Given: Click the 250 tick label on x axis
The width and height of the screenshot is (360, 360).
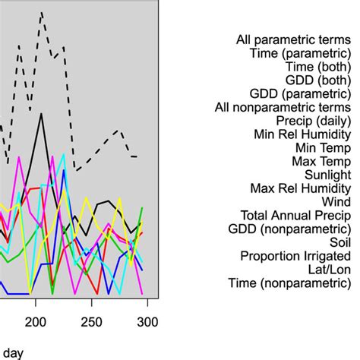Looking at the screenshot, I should [91, 321].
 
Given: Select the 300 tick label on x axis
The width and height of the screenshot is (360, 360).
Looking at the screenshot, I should [146, 321].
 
